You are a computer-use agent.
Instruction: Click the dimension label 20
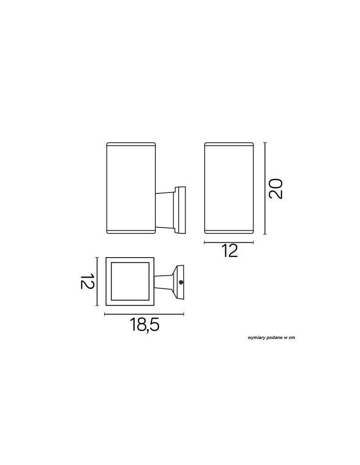[276, 188]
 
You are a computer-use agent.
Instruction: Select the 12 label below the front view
[229, 251]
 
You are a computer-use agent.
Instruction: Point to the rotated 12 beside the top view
[88, 281]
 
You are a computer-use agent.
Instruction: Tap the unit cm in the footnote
[292, 338]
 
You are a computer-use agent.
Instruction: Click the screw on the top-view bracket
[180, 282]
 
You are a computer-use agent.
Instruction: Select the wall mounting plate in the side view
[180, 210]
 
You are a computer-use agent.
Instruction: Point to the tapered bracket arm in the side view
[165, 210]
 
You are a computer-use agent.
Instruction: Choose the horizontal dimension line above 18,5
[144, 315]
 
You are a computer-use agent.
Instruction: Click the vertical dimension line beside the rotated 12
[97, 281]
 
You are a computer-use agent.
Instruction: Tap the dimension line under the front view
[229, 242]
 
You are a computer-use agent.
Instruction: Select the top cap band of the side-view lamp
[131, 145]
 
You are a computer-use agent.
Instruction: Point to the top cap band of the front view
[229, 145]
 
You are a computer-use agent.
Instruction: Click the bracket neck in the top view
[164, 281]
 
